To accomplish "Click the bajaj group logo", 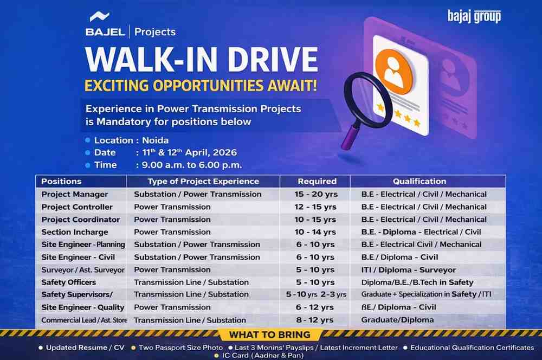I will coord(474,16).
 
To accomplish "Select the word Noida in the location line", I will coord(156,140).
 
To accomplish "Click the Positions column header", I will coord(61,181).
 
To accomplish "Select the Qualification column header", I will coord(420,181).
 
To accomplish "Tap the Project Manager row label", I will coord(75,194).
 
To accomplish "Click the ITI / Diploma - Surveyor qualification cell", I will coord(408,269).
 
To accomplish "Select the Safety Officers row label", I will coord(69,282).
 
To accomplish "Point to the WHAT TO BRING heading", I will coord(269,335).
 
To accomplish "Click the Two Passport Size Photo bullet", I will coord(180,347).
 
